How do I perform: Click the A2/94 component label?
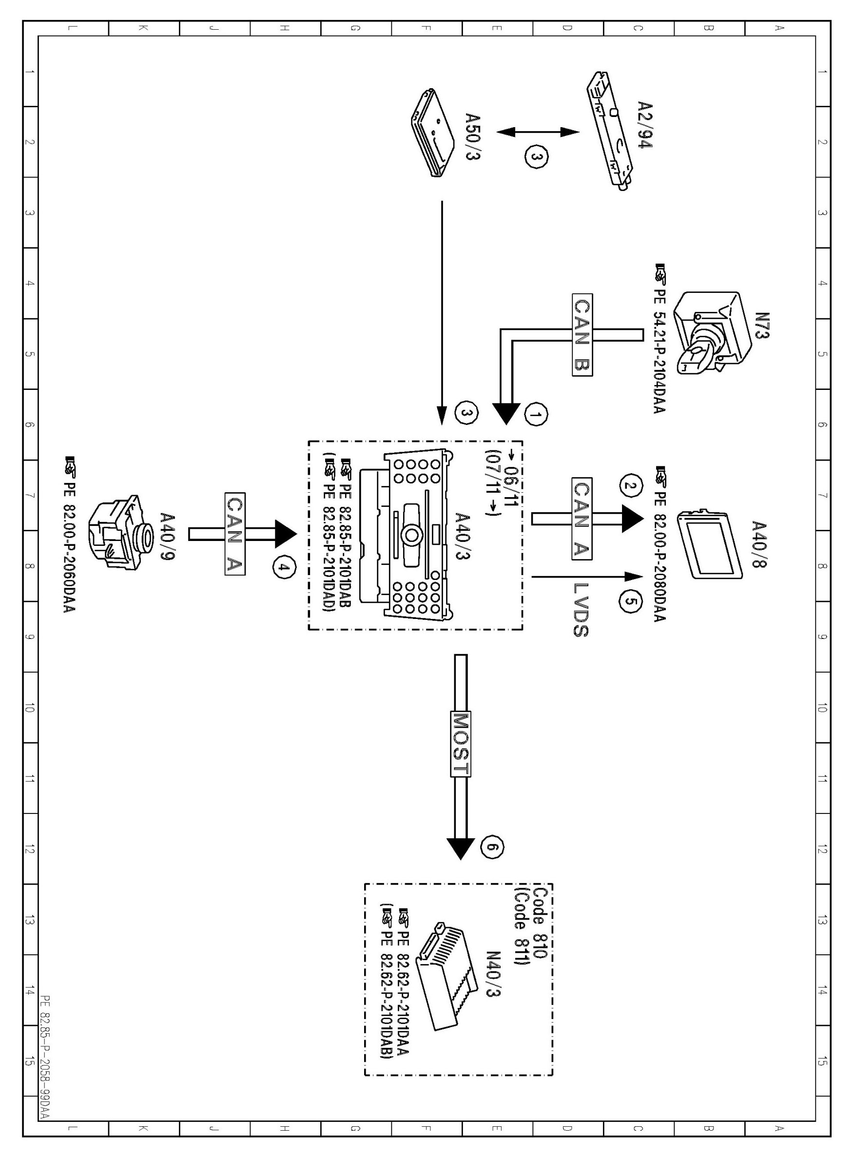(644, 125)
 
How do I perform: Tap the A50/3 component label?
(471, 136)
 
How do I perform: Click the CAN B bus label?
(582, 335)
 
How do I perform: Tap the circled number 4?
(282, 568)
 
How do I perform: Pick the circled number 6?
(492, 847)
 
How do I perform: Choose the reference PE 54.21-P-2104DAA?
(660, 340)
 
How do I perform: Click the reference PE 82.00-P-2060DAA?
(69, 535)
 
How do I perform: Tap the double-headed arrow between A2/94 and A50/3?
(538, 132)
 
